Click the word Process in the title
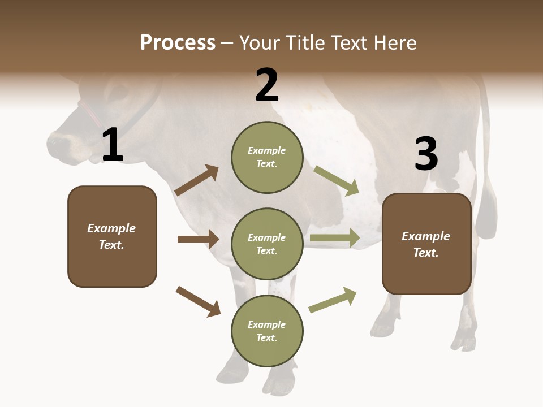click(x=178, y=43)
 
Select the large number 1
click(x=113, y=145)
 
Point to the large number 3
click(x=426, y=154)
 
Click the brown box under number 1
click(x=112, y=236)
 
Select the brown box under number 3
click(x=426, y=244)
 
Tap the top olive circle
click(x=267, y=157)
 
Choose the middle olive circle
click(x=267, y=244)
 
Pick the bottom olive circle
click(x=267, y=331)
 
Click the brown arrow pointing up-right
click(x=196, y=181)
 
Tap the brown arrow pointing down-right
click(x=198, y=301)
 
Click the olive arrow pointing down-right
click(x=337, y=181)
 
